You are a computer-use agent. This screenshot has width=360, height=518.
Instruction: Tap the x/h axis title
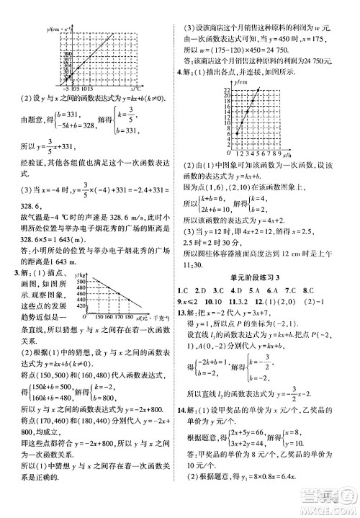coord(287,155)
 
